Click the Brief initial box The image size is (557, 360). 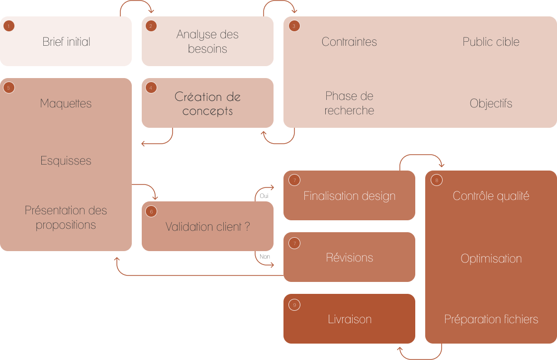point(66,42)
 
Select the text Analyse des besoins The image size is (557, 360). point(207,42)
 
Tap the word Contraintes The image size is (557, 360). point(349,42)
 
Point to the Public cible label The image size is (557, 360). point(491,42)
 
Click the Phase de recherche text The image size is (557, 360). point(349,103)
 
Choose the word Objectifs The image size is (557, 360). point(491,103)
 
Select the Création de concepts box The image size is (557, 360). point(207,103)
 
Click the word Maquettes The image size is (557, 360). point(66,103)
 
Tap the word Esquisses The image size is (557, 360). point(66,161)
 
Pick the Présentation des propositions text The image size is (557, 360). point(66,217)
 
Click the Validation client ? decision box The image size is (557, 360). point(207,227)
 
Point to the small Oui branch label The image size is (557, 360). point(264,196)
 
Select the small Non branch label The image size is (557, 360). point(265,257)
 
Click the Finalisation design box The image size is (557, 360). point(349,196)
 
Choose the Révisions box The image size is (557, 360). point(349,258)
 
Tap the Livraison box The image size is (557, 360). point(349,319)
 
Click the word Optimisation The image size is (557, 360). point(491,259)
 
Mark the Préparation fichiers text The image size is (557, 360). point(491,319)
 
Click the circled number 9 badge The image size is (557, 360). point(294,305)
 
